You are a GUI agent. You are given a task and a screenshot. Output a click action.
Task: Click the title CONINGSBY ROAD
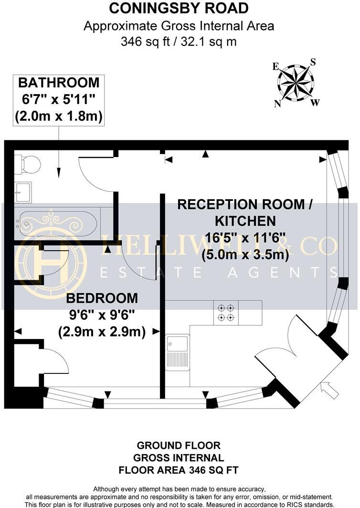pos(179,8)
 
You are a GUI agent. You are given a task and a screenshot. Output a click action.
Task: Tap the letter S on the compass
pos(313,62)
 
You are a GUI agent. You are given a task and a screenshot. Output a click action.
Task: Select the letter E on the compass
pos(275,67)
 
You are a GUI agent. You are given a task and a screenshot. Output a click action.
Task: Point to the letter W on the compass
pos(316,102)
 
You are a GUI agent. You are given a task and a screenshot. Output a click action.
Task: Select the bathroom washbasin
pos(22,192)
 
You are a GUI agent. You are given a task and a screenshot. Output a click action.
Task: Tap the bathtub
pos(57,223)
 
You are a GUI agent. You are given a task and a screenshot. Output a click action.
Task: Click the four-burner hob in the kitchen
pos(225,313)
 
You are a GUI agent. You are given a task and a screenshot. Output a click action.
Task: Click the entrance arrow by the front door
pos(329,390)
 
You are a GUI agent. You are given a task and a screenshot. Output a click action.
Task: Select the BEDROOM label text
pos(102,298)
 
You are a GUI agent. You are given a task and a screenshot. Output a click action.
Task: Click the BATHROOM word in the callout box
pos(59,83)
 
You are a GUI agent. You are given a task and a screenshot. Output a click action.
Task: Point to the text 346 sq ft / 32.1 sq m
pos(179,42)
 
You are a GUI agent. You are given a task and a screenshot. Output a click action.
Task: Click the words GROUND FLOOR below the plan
pos(179,445)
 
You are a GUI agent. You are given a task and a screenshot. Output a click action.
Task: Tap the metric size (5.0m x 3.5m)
pos(245,254)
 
